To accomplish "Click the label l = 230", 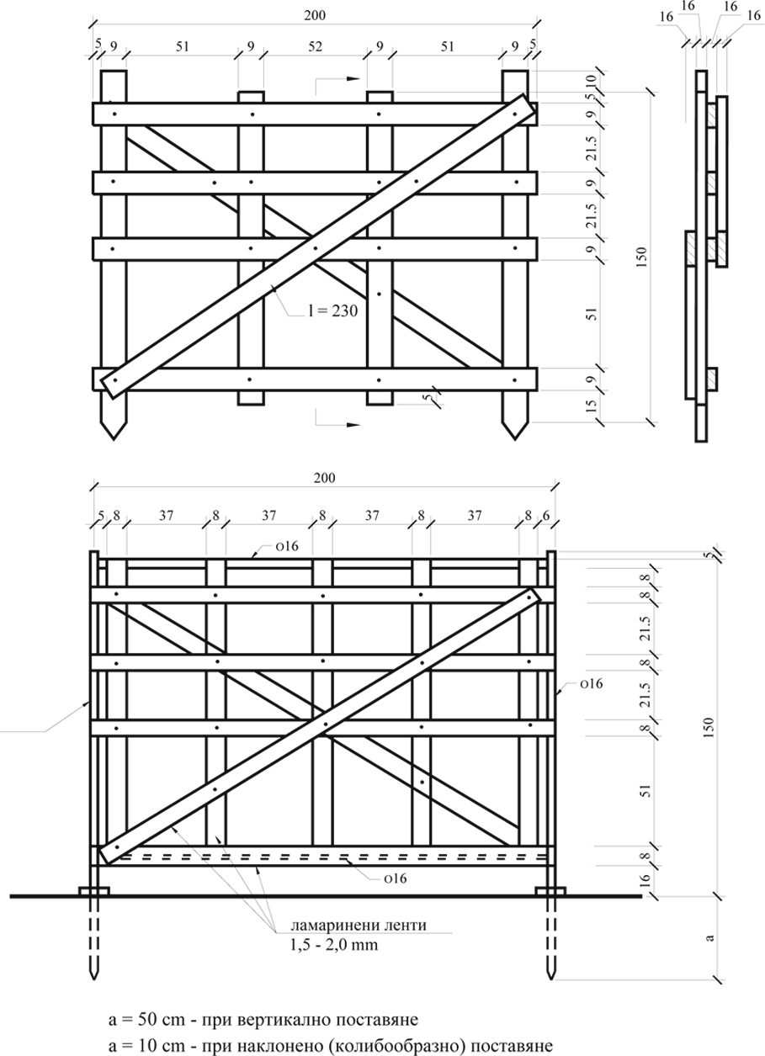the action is [x=333, y=311].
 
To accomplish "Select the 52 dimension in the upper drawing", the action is [x=315, y=46].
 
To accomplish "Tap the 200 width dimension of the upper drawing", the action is [x=315, y=15].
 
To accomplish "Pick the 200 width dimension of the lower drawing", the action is [x=325, y=478].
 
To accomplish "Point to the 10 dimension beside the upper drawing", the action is [x=592, y=80].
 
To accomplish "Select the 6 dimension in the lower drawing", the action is [x=546, y=515].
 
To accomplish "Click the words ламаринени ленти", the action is [x=359, y=926].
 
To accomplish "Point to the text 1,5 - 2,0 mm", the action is [x=334, y=945].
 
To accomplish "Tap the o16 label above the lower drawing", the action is [x=287, y=546].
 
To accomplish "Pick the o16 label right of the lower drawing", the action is [x=592, y=683].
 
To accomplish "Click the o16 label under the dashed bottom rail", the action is [x=396, y=878].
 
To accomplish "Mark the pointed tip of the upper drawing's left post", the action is [x=114, y=439].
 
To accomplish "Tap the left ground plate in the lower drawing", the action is [x=94, y=890].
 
